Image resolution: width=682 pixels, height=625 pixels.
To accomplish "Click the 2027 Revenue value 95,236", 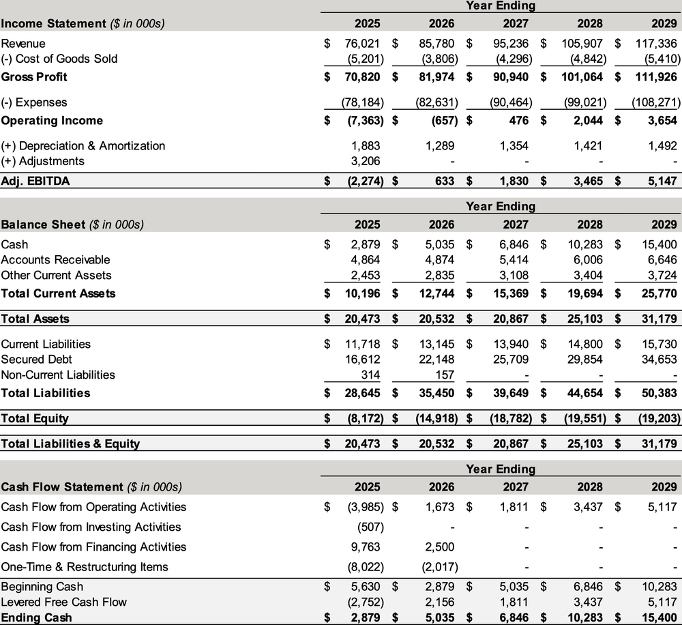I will tap(510, 43).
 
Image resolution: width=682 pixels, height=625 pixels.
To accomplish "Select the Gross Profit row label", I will tap(34, 77).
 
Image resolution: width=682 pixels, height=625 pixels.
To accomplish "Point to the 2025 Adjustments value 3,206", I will tap(365, 161).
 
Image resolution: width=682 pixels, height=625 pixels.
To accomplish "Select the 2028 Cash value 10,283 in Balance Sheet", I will tap(584, 244).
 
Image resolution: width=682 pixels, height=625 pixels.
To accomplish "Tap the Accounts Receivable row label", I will tap(55, 260).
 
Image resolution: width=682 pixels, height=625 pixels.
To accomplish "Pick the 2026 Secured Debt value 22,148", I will tap(436, 360).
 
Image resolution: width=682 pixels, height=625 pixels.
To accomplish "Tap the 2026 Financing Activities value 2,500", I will tap(439, 547).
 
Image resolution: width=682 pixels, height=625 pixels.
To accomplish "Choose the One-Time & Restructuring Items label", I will tap(85, 567).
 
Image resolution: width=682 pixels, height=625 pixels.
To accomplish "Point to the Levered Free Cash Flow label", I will tap(64, 602).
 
